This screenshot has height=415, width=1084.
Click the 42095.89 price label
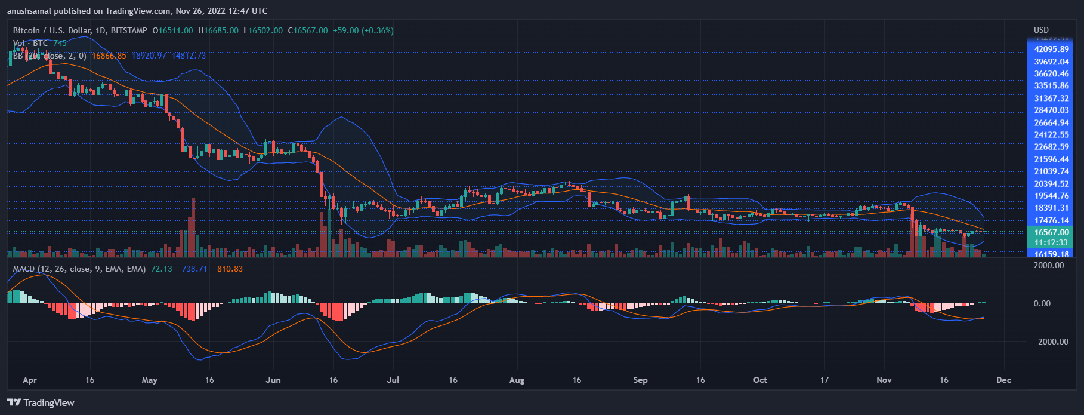point(1051,49)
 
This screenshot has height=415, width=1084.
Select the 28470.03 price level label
point(1051,110)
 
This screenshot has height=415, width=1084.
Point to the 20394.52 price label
point(1051,184)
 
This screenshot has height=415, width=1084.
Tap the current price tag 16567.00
point(1051,232)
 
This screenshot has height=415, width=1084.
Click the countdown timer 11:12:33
point(1051,242)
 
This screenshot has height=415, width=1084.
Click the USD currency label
point(1041,30)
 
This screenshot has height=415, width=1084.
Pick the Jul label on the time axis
point(393,380)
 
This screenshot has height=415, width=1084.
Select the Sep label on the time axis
point(640,380)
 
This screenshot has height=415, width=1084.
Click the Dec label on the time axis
point(1003,380)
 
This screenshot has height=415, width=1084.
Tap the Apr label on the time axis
point(29,380)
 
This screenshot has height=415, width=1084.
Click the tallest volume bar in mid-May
point(193,227)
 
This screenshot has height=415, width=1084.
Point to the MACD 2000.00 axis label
point(1048,265)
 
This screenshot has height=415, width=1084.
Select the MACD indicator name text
point(24,269)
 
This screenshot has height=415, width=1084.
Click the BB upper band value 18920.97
point(149,56)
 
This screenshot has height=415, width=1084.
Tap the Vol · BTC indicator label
point(30,43)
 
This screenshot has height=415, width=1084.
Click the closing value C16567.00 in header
point(308,30)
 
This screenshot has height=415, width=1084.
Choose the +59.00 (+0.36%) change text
point(363,30)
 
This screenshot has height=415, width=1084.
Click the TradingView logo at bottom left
point(41,402)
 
